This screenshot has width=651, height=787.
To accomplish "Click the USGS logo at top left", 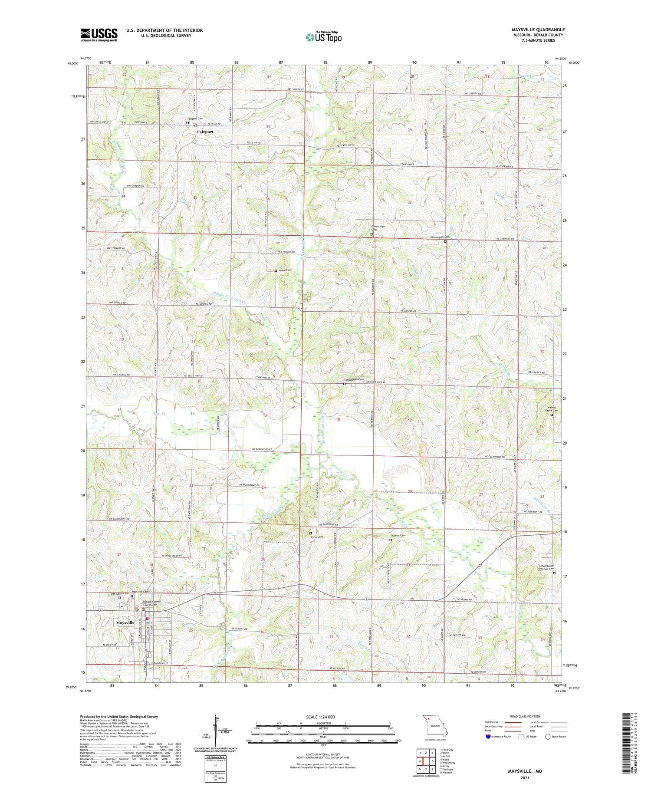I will [99, 35].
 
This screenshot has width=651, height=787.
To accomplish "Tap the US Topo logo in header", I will [323, 37].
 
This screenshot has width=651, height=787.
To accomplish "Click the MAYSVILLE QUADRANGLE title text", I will [538, 30].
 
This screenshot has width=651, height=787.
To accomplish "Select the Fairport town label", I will [205, 132].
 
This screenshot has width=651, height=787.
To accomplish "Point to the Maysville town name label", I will [125, 622].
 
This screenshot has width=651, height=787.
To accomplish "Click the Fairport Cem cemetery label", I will [195, 119].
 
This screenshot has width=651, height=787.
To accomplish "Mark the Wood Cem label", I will [285, 270].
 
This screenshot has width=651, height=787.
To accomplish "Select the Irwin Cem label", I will [316, 537].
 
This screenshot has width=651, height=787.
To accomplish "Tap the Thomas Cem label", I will [398, 536].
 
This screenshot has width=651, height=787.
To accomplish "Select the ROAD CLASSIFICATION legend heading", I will [525, 716].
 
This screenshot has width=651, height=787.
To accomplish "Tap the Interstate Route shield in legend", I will [488, 737].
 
